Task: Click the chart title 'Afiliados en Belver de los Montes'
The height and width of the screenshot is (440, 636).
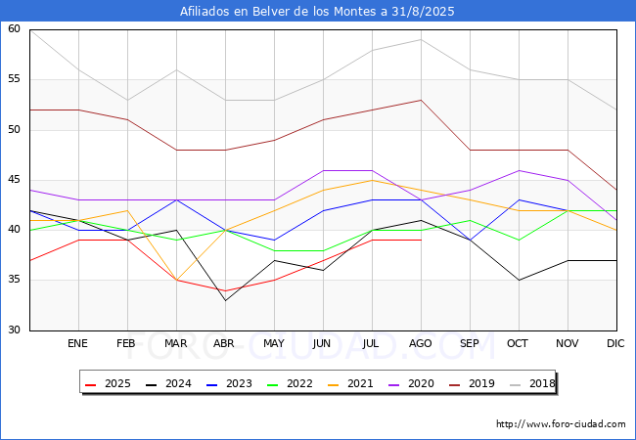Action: (x=317, y=12)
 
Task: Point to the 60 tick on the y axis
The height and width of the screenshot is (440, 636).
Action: (x=14, y=29)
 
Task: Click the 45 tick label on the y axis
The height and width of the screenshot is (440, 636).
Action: (x=14, y=180)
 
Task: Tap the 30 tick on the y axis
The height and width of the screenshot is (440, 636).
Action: (x=14, y=330)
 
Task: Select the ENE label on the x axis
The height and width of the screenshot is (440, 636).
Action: (x=78, y=344)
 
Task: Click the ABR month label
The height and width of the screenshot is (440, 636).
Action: (x=225, y=344)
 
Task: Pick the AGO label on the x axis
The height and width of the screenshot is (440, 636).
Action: (x=421, y=344)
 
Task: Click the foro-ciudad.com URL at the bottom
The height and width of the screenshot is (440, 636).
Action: (x=561, y=424)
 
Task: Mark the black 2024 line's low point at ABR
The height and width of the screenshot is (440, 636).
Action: (x=225, y=300)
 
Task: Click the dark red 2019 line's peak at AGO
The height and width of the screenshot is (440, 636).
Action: (x=421, y=100)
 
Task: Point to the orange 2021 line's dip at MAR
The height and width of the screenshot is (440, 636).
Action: (x=176, y=281)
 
